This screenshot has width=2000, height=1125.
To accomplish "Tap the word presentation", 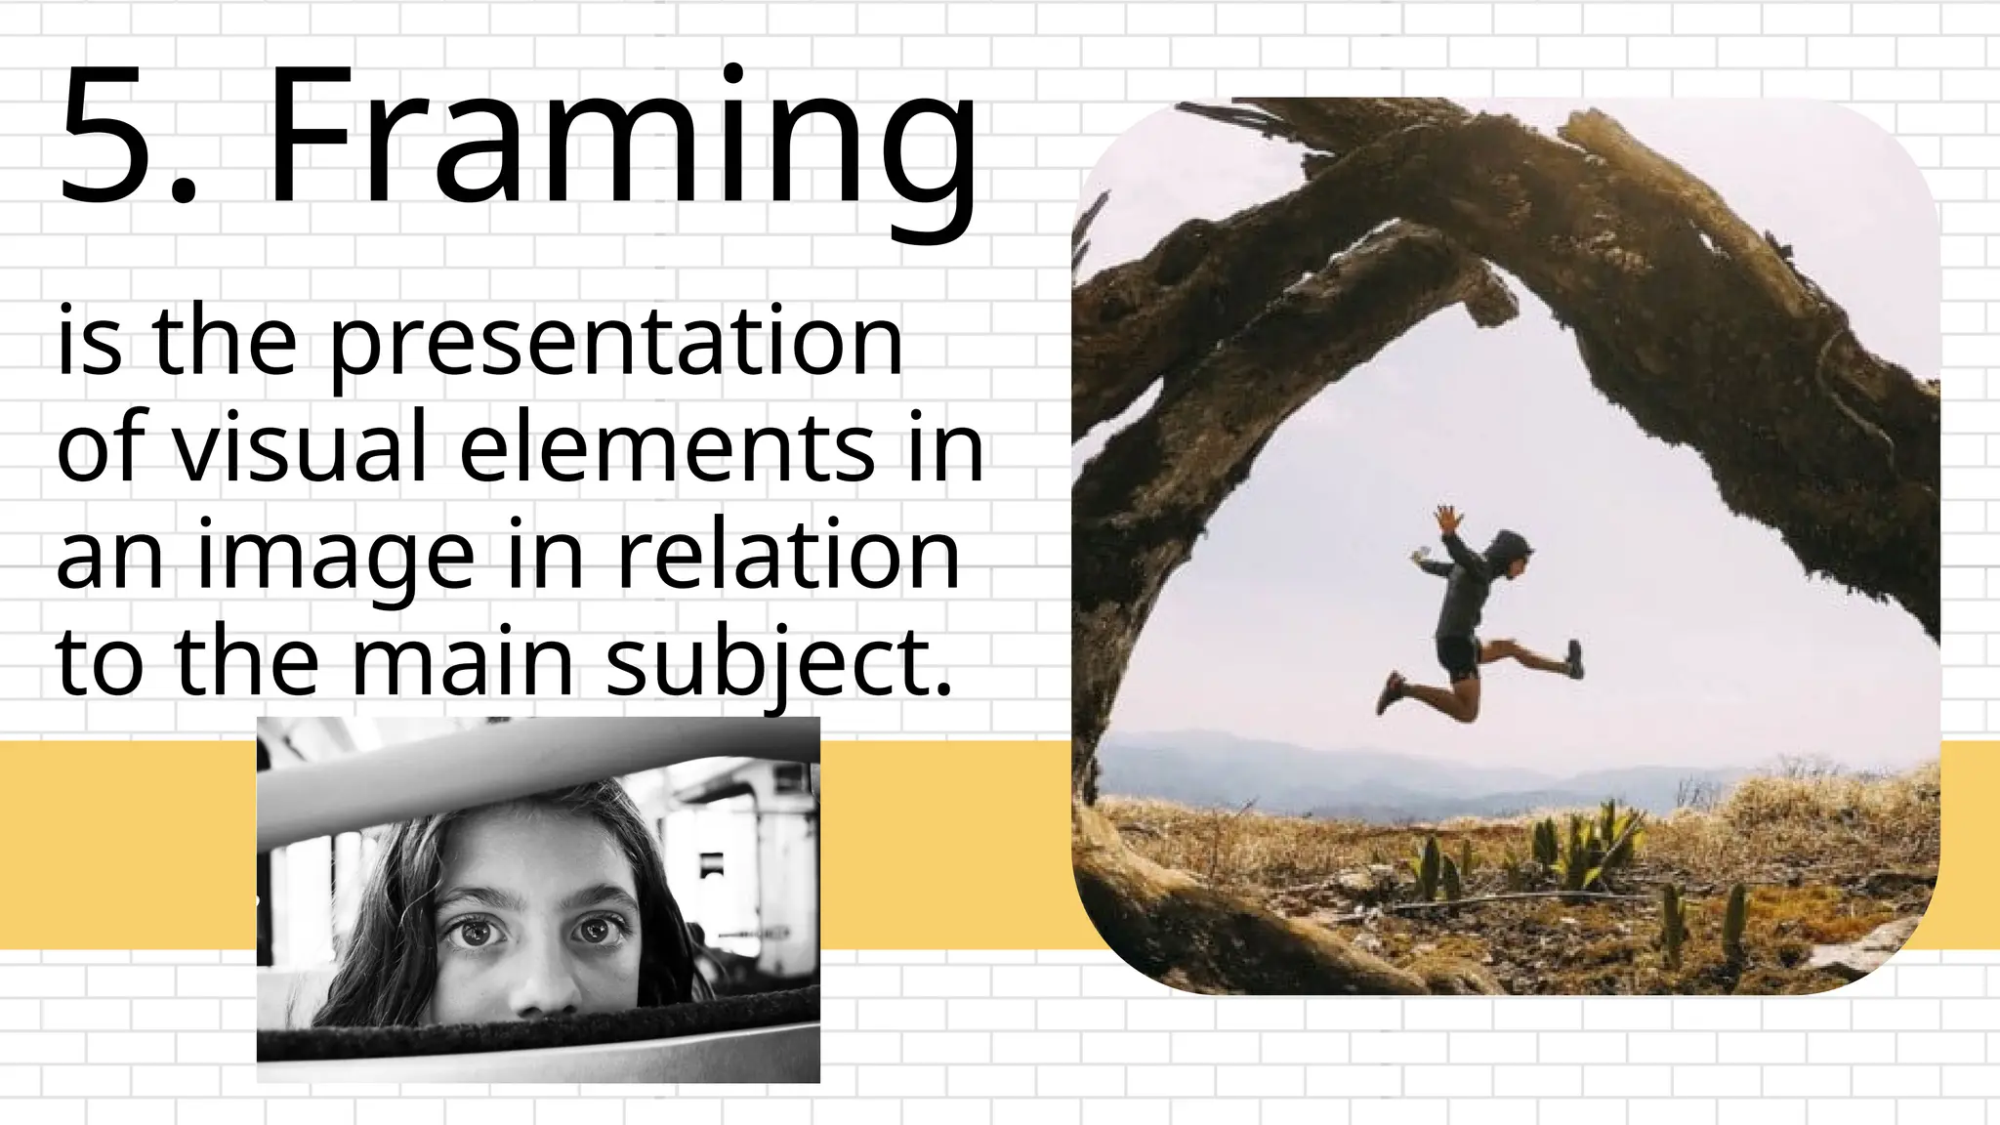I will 615,344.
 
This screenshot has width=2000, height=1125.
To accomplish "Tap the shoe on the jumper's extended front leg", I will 1573,659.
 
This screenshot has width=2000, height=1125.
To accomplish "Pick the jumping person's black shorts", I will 1458,657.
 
